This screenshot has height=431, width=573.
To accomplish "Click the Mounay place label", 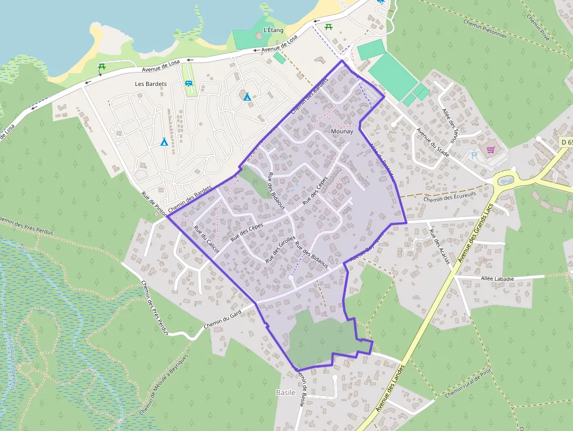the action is (342, 132).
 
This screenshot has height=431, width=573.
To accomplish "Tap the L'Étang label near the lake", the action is (274, 30).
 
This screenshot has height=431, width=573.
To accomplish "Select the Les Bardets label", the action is (151, 84).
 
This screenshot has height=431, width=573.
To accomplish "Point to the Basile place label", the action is (285, 392).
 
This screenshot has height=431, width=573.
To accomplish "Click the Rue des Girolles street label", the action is (280, 244).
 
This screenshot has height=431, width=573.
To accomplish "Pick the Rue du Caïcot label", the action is (206, 239).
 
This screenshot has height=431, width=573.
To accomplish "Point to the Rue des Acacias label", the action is (440, 246).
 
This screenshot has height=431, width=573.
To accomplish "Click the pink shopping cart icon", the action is (491, 150).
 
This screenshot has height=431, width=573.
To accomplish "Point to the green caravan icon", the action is (189, 84).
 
